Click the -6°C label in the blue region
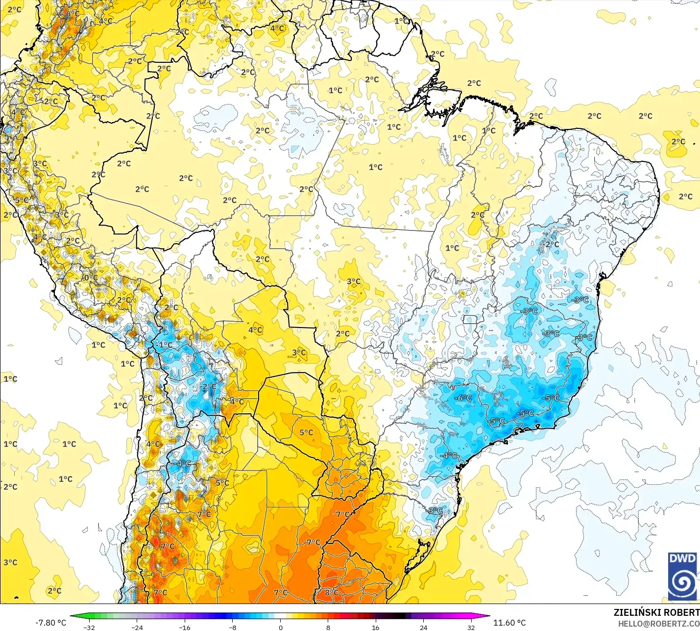463,398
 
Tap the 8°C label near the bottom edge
332,592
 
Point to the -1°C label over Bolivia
166,345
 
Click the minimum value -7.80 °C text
50,623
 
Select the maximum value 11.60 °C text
509,623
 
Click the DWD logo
682,576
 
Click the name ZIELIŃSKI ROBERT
656,612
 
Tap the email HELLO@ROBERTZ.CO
658,624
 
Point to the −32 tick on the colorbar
89,627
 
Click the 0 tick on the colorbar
280,627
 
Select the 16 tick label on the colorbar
376,627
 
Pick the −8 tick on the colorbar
233,627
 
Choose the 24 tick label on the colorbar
424,627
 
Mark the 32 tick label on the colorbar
471,627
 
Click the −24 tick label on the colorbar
137,627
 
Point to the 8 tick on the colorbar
328,627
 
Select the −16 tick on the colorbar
185,627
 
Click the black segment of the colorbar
399,616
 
